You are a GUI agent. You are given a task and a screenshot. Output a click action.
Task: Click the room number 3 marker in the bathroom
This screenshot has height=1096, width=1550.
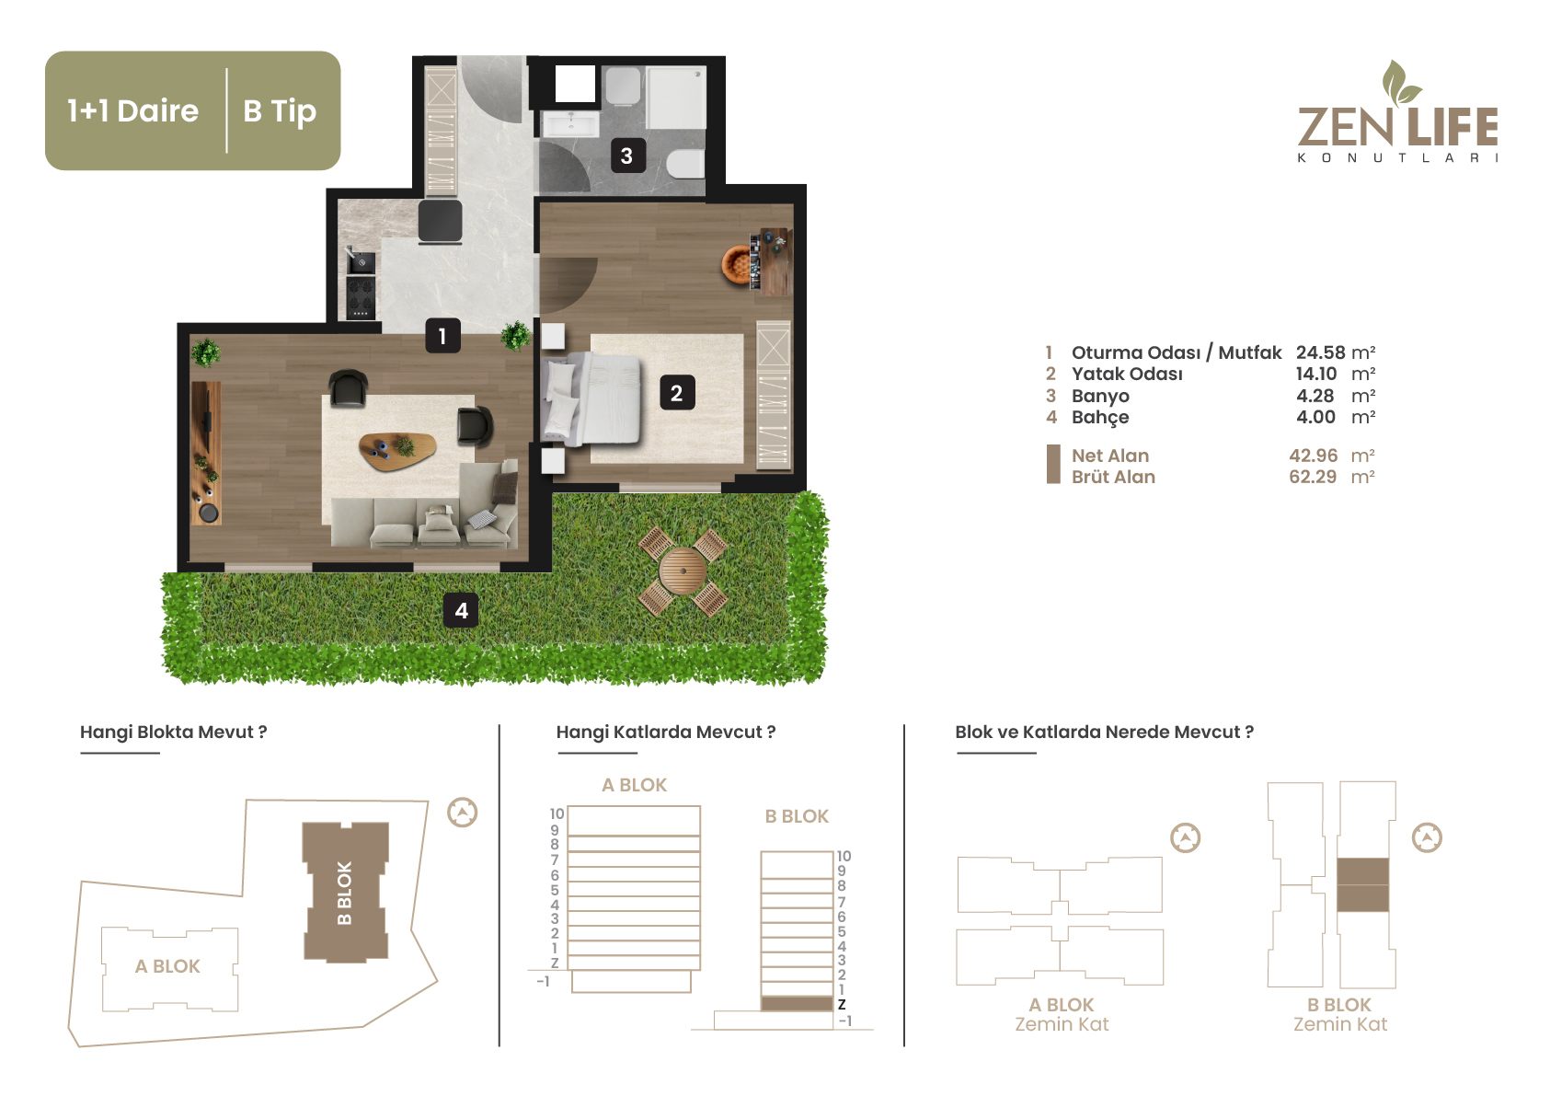click(627, 156)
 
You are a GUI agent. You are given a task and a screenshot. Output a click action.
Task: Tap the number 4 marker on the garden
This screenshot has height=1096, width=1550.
click(461, 610)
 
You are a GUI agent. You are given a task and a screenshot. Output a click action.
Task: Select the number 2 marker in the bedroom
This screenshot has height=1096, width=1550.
click(677, 393)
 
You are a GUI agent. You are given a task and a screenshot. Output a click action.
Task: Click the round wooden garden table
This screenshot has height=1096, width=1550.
click(683, 571)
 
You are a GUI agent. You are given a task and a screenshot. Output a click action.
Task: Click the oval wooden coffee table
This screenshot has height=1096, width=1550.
click(397, 452)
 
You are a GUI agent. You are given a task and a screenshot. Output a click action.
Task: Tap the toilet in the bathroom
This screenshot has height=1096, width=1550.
click(685, 164)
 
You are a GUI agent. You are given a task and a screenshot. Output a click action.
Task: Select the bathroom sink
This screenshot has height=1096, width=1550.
click(570, 125)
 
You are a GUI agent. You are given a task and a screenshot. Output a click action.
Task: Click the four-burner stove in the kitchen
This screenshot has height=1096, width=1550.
click(361, 298)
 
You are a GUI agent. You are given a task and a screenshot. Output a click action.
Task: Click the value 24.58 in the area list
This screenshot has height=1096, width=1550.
click(1320, 352)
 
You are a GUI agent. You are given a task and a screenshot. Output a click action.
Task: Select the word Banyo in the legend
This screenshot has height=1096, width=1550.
click(1100, 396)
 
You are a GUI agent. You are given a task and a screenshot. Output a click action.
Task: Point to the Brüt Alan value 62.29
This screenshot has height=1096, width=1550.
click(1313, 477)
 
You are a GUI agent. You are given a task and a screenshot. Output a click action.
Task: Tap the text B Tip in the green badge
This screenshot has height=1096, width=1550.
click(280, 111)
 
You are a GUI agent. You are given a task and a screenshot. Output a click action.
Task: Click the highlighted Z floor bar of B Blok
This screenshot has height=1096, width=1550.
click(797, 1003)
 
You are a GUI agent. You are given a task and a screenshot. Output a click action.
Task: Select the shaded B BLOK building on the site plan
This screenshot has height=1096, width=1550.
click(345, 893)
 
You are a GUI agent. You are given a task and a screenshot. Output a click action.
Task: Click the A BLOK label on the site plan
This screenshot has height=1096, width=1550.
click(167, 966)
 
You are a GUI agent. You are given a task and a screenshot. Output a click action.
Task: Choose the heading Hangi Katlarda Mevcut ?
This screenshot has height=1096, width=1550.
click(666, 732)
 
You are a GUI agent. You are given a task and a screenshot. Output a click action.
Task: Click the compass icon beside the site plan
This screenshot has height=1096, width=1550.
click(462, 813)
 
